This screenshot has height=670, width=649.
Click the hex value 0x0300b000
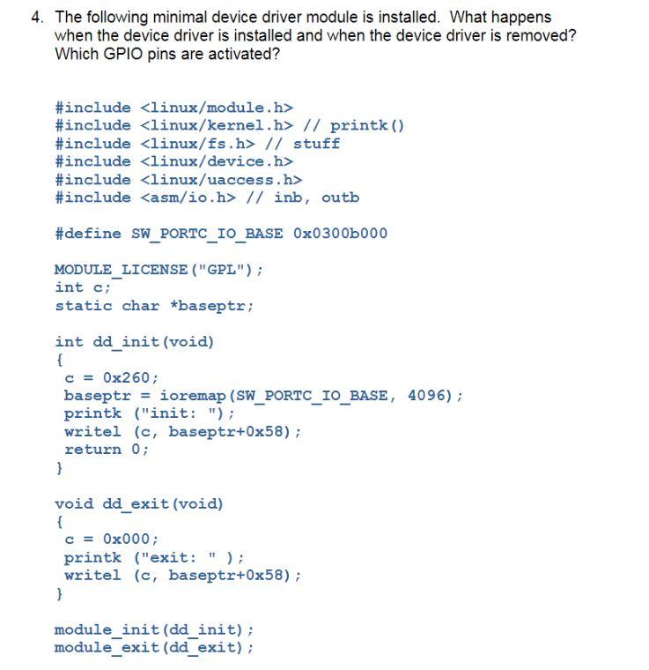340,234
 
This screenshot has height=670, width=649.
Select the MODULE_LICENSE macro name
121,270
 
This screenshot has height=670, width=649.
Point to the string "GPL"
221,270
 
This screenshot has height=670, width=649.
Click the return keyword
92,450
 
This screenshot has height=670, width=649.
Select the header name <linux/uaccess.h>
221,180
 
